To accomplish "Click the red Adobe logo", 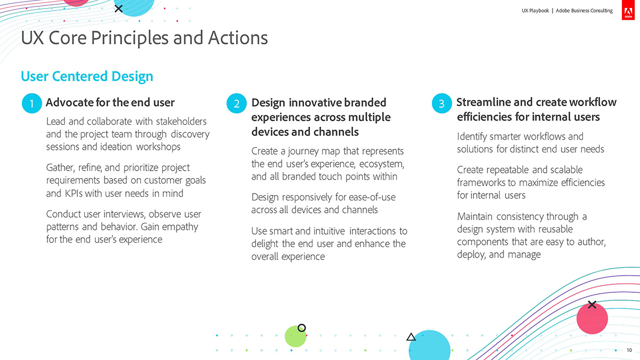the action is click(628, 10).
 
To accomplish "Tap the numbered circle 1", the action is click(31, 103).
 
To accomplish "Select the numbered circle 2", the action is click(237, 103).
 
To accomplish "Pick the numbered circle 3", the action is click(442, 103).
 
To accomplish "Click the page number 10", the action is click(629, 350).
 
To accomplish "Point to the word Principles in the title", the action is click(130, 38).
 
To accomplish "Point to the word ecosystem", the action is click(382, 164).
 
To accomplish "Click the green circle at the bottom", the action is click(295, 337).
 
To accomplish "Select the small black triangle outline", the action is click(411, 337).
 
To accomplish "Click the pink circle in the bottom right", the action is click(592, 318).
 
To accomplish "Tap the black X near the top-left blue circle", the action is click(118, 9).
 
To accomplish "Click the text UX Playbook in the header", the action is click(535, 11).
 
